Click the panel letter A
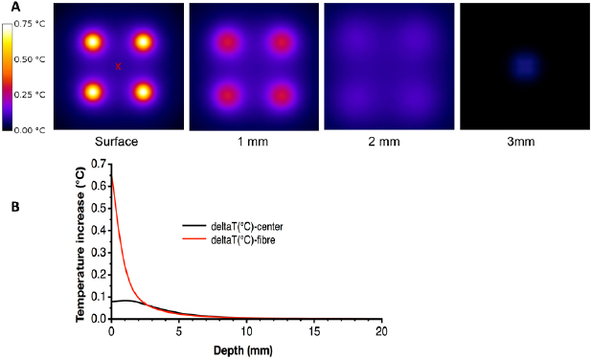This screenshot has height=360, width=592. point(8,8)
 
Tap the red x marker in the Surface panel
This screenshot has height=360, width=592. point(118,66)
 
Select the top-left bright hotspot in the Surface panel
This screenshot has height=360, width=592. point(93,42)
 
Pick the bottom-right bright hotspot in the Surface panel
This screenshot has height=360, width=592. point(144,92)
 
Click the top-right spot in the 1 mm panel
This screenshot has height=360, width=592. point(281,43)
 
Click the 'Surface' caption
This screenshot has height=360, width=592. point(117,142)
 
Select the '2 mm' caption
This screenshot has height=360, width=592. point(385,142)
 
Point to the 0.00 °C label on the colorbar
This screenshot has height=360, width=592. point(34,128)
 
